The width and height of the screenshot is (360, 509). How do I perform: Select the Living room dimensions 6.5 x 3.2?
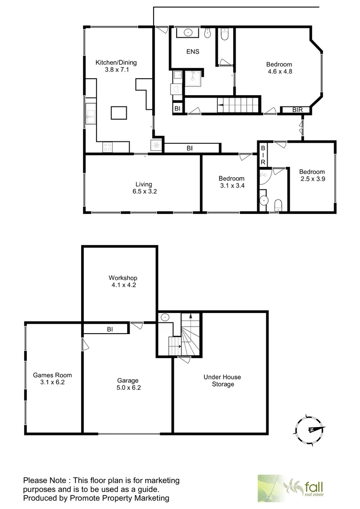tap(142, 192)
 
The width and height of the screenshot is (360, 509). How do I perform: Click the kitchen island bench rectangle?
tap(119, 113)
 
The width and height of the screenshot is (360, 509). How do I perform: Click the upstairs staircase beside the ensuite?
tap(238, 105)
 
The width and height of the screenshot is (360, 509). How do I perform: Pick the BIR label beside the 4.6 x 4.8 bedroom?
tap(297, 110)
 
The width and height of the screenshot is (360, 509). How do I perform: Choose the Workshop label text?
tap(123, 278)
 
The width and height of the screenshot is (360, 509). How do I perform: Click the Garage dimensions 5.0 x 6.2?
tap(128, 388)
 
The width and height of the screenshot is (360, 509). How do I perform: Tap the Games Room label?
tap(52, 375)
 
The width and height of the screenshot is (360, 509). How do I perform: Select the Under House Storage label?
tap(222, 380)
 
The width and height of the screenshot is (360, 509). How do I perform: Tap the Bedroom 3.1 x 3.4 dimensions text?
tap(231, 186)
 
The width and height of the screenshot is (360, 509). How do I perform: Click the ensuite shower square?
tap(193, 80)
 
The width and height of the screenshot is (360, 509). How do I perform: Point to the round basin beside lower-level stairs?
tap(165, 318)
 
